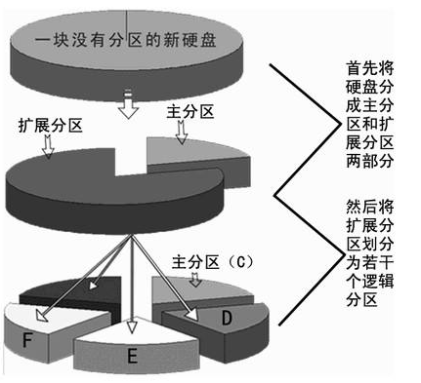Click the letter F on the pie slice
(x=27, y=340)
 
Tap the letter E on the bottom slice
(x=132, y=356)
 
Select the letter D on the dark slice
(x=227, y=318)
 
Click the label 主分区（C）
(x=213, y=262)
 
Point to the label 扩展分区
(x=51, y=125)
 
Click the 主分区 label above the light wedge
(x=190, y=112)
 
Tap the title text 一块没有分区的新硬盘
(x=125, y=41)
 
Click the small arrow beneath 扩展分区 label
(x=49, y=146)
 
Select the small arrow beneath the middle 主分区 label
(x=182, y=133)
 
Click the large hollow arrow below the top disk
(x=128, y=103)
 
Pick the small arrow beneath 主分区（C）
(x=195, y=280)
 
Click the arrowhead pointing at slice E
(x=131, y=326)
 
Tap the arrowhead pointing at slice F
(x=42, y=316)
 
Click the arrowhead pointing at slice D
(x=192, y=314)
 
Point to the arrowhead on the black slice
(x=93, y=285)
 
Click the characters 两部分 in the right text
(x=369, y=161)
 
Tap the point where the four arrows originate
(x=132, y=235)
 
